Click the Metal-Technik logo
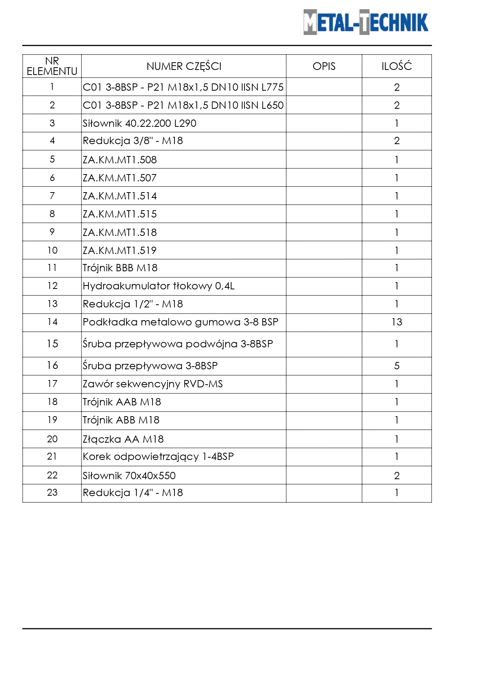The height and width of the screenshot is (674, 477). pyautogui.click(x=366, y=22)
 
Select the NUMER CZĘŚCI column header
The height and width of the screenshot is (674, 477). pyautogui.click(x=184, y=66)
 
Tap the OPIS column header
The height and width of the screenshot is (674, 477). pyautogui.click(x=324, y=66)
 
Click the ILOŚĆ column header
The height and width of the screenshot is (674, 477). pyautogui.click(x=396, y=66)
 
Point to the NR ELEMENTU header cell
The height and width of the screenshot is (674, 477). pyautogui.click(x=52, y=66)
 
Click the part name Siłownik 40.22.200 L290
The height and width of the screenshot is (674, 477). pyautogui.click(x=140, y=123)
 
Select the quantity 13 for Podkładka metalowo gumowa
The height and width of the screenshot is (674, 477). pyautogui.click(x=397, y=322)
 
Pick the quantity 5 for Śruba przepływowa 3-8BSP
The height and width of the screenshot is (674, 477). pyautogui.click(x=397, y=366)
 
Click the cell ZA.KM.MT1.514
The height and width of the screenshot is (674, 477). pyautogui.click(x=120, y=196)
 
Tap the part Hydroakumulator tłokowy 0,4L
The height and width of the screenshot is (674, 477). pyautogui.click(x=158, y=286)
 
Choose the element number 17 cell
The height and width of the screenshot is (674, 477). pyautogui.click(x=52, y=384)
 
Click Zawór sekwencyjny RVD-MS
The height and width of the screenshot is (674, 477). pyautogui.click(x=153, y=384)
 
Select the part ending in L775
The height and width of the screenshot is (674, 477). pyautogui.click(x=183, y=87)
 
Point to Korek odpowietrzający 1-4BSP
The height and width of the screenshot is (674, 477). pyautogui.click(x=158, y=457)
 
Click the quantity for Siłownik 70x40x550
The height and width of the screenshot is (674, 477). pyautogui.click(x=397, y=476)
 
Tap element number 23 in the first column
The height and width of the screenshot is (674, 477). pyautogui.click(x=52, y=493)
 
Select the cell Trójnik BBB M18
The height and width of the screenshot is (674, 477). pyautogui.click(x=120, y=268)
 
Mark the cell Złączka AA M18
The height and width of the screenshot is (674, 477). pyautogui.click(x=123, y=439)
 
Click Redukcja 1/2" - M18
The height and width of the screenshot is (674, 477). pyautogui.click(x=133, y=304)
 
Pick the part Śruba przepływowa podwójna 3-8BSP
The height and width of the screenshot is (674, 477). pyautogui.click(x=178, y=344)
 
